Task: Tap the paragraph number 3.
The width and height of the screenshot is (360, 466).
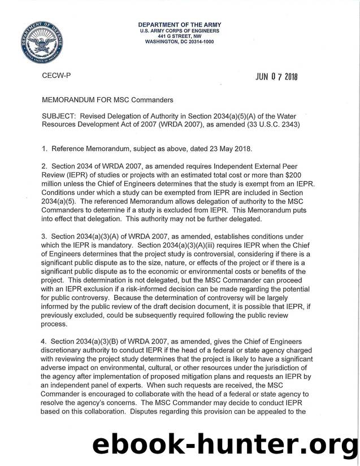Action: pos(45,239)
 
